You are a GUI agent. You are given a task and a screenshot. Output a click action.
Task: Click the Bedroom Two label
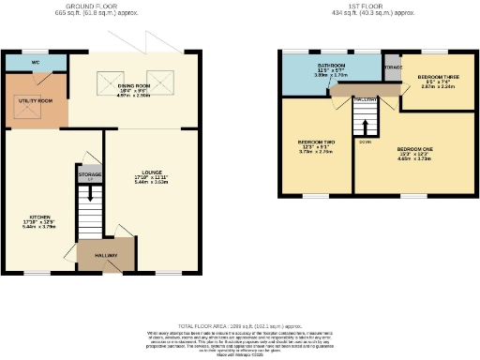click(315, 149)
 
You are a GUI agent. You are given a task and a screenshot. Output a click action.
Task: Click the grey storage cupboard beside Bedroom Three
click(391, 67)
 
